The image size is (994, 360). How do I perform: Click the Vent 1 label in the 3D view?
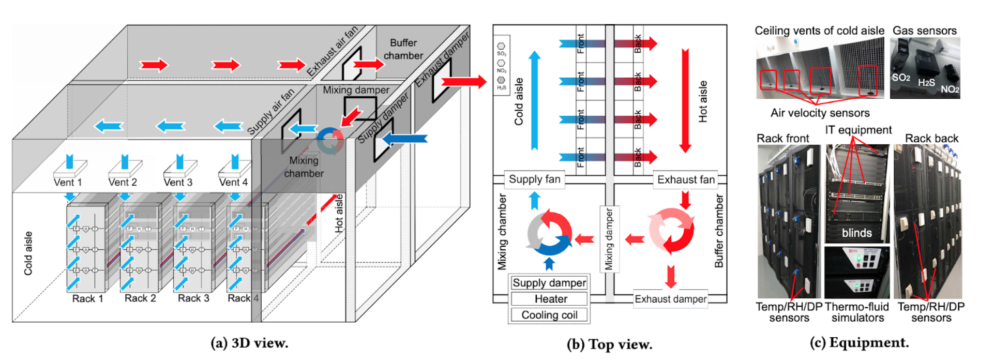coord(68,182)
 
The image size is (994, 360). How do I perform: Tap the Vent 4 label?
coord(233,182)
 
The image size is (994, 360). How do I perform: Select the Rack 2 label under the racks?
coord(140,298)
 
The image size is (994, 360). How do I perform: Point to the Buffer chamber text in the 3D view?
coord(403,49)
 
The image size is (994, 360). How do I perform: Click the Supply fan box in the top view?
coord(534,179)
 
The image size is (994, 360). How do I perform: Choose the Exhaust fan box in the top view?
coord(686,179)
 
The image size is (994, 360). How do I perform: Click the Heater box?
coord(550,299)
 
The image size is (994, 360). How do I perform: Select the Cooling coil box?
coord(549,315)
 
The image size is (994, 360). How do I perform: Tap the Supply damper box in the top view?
coord(549,283)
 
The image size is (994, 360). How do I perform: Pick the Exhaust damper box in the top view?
coord(670,299)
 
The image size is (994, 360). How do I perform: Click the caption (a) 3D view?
coord(249,343)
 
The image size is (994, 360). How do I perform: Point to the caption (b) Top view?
coord(609,344)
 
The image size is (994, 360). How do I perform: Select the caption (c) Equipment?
coord(859,342)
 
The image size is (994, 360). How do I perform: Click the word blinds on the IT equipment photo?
coord(856,233)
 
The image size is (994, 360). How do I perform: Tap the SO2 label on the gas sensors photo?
coord(901,78)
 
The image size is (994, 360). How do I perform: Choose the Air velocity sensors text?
coord(820,113)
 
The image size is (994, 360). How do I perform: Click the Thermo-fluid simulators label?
coord(857,312)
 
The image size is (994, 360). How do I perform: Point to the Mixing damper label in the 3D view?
coord(356,90)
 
